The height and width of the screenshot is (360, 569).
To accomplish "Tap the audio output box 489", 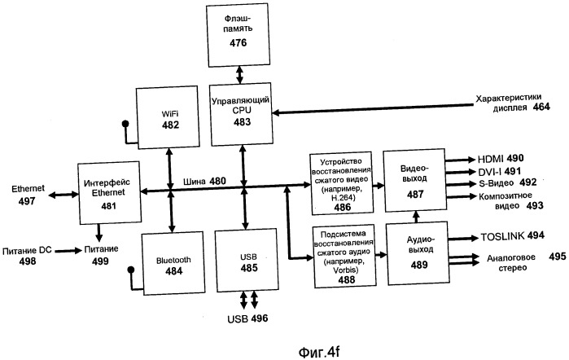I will point(414,252).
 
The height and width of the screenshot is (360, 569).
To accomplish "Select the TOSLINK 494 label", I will point(501,236).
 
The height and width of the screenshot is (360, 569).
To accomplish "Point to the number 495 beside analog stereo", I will point(555,257).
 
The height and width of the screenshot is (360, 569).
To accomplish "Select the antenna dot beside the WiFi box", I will point(125,124).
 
